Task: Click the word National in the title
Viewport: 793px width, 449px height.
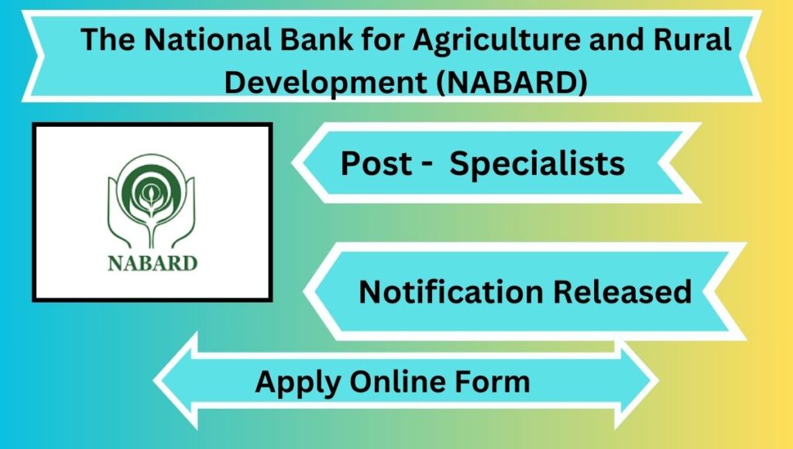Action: point(208,39)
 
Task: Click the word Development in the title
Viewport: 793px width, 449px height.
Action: point(326,82)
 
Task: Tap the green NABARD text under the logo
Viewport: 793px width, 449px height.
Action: point(153,263)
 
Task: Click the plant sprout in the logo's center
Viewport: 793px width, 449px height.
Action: point(149,200)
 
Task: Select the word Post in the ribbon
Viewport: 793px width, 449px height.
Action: point(377,163)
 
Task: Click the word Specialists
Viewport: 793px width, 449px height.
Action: point(537,164)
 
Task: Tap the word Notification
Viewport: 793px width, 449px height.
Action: point(451,292)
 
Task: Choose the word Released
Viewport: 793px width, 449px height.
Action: point(623,292)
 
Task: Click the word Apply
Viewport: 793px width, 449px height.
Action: point(297,382)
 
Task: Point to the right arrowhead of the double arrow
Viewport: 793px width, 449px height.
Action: point(637,381)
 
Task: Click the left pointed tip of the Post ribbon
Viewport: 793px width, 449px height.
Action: point(293,163)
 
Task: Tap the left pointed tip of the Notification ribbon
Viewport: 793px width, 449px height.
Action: point(304,291)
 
